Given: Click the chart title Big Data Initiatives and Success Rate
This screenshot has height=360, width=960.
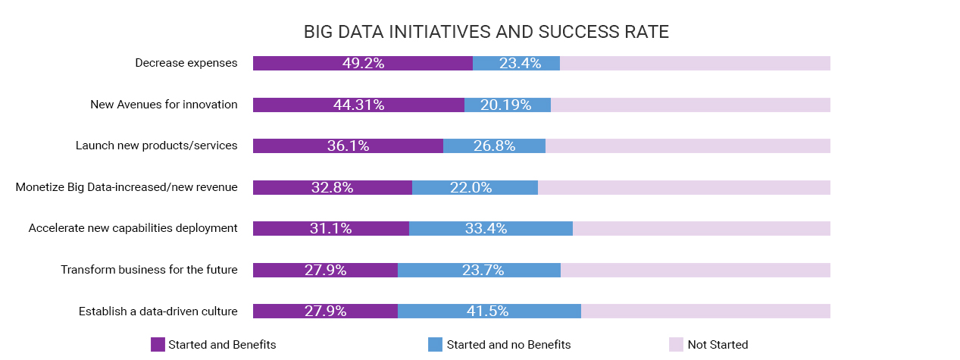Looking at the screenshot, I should click(486, 32).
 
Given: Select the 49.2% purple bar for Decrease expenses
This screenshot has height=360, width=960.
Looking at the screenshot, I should click(362, 64).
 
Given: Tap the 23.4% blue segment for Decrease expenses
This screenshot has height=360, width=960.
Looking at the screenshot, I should click(516, 64).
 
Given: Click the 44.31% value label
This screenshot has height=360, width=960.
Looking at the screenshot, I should click(358, 105).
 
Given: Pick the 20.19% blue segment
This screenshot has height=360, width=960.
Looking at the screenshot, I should click(507, 105).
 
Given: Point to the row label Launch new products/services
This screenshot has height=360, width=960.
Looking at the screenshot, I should click(156, 146).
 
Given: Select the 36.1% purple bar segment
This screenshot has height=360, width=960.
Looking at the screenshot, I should click(348, 146).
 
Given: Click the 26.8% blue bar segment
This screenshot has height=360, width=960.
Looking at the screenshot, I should click(494, 146).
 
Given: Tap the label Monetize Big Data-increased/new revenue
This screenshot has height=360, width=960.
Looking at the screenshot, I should click(127, 187).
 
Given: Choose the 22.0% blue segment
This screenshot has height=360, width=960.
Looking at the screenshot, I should click(474, 187).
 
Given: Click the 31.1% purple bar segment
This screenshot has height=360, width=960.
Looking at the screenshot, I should click(330, 229).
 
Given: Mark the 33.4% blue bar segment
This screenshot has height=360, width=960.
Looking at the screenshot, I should click(490, 229).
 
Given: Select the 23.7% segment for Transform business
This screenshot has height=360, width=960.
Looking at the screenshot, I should click(479, 270).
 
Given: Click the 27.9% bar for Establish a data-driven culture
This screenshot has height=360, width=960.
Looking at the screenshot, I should click(325, 311).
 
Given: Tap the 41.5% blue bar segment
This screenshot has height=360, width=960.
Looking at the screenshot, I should click(489, 311).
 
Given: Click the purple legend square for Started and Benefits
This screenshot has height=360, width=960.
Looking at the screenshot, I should click(158, 345).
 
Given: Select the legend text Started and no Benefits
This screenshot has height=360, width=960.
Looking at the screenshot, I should click(508, 345).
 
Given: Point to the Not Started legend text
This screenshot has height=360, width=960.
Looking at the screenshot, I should click(718, 345).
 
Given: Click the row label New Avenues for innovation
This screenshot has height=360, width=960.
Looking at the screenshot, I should click(164, 105).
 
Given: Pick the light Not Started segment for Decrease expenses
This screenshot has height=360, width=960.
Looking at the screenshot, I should click(695, 64).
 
